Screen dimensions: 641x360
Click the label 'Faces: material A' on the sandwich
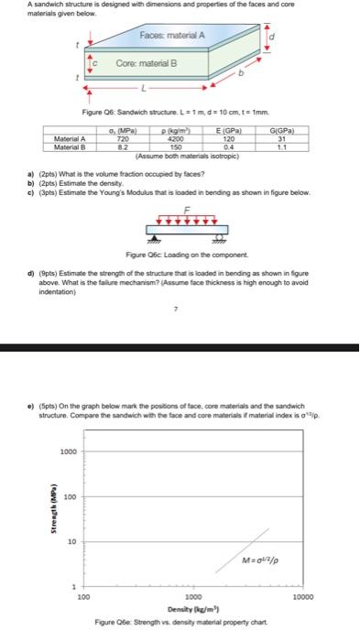pyautogui.click(x=171, y=35)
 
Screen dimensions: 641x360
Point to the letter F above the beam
pyautogui.click(x=188, y=208)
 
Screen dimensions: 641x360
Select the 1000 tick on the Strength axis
pyautogui.click(x=68, y=451)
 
